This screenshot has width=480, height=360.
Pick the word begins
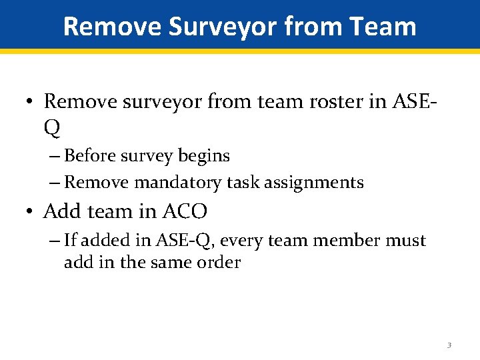click(x=204, y=156)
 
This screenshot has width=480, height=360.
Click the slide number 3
click(x=449, y=345)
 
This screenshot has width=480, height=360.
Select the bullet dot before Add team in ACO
click(x=29, y=213)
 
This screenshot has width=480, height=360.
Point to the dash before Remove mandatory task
click(x=54, y=182)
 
